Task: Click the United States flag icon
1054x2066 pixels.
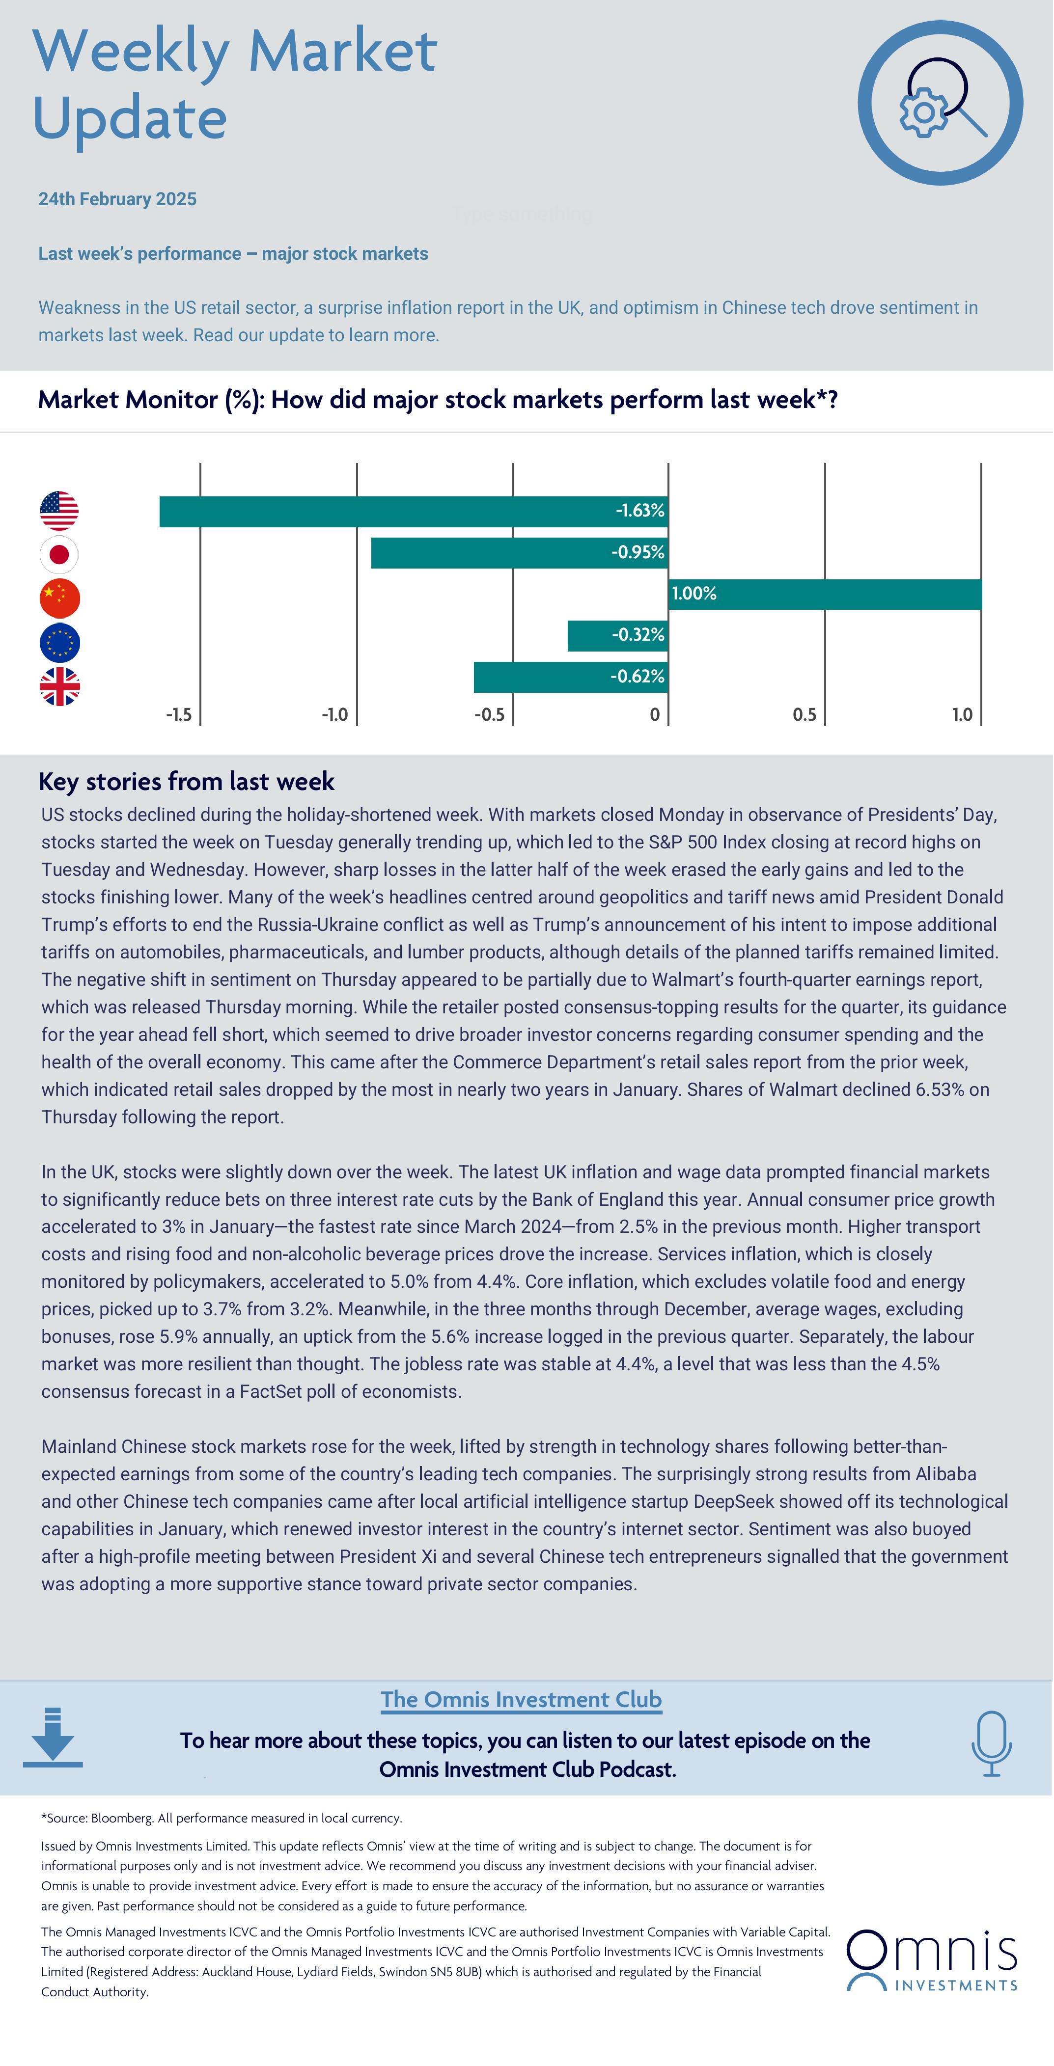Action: coord(59,511)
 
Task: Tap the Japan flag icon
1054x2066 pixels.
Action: coord(59,554)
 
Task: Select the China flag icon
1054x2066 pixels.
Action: coord(59,598)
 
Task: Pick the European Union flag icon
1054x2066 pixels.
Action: coord(59,642)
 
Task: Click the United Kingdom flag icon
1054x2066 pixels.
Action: coord(59,686)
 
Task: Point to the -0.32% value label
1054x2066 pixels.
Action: coord(638,635)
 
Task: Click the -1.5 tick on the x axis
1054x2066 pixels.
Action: coord(179,714)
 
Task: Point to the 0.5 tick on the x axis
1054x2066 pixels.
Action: coord(804,714)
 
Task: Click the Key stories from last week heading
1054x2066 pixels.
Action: coord(186,781)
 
